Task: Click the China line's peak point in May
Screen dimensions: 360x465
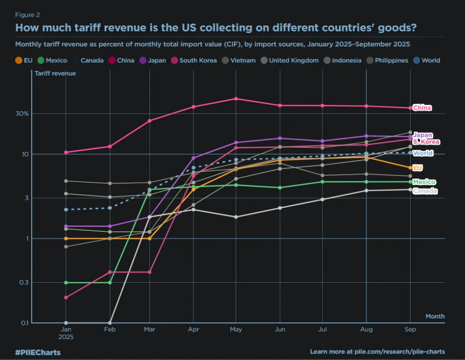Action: tap(236, 99)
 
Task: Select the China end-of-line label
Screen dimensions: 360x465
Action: tap(422, 108)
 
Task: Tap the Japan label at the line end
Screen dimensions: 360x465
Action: tap(423, 135)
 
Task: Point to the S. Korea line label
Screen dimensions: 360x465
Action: tap(426, 142)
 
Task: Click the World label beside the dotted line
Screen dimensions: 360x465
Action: tap(423, 153)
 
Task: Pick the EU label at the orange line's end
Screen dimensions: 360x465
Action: tap(418, 168)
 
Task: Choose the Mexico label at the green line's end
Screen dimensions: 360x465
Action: tap(424, 182)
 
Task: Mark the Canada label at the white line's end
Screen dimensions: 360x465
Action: tap(425, 191)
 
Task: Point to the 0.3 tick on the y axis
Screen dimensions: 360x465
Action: tap(24, 283)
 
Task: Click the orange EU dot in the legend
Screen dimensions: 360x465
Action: tap(19, 60)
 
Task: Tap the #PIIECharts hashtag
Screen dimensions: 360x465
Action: tap(38, 352)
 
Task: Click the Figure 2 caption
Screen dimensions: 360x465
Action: tap(27, 15)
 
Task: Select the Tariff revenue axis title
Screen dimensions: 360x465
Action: tap(55, 73)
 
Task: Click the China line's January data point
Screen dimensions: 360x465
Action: tap(66, 152)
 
